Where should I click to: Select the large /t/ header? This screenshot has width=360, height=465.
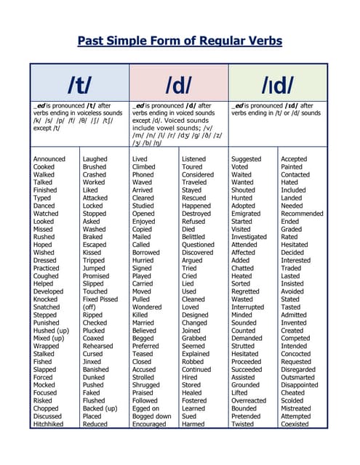[79, 85]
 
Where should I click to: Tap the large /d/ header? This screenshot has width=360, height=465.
[179, 85]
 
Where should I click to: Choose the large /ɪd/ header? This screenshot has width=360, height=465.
[279, 85]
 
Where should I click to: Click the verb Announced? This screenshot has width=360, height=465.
[49, 159]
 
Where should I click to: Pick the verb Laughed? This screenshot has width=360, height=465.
[95, 159]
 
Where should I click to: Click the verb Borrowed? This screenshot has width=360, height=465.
[147, 253]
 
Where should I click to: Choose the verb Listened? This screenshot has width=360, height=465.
[194, 159]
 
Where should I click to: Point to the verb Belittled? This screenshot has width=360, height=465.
[193, 237]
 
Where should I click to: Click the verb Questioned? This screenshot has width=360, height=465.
[199, 245]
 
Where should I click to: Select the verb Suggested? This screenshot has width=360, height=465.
[247, 159]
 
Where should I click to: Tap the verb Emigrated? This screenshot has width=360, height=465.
[247, 214]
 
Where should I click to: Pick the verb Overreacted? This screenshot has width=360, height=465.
[249, 400]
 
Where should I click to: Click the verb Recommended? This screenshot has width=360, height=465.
[302, 214]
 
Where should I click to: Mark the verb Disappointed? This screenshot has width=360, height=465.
[300, 384]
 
